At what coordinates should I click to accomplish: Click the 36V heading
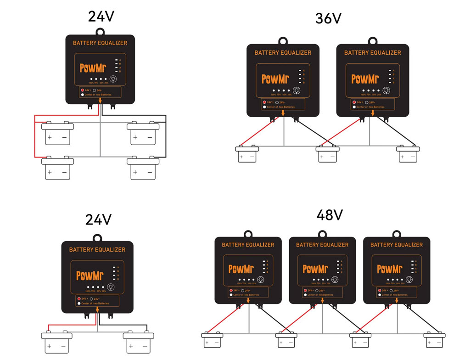[328, 18]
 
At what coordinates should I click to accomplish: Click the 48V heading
[330, 214]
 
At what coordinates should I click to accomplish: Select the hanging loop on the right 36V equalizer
[372, 40]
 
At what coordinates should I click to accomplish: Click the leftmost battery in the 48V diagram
[212, 341]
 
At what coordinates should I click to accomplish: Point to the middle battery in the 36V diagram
[327, 154]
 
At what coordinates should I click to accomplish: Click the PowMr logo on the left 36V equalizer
[275, 79]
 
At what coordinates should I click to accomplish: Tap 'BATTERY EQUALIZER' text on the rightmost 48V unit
[397, 245]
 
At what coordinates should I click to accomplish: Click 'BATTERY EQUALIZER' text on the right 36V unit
[373, 53]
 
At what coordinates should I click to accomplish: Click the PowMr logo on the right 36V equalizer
[365, 79]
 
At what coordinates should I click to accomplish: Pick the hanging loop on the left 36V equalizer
[283, 40]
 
